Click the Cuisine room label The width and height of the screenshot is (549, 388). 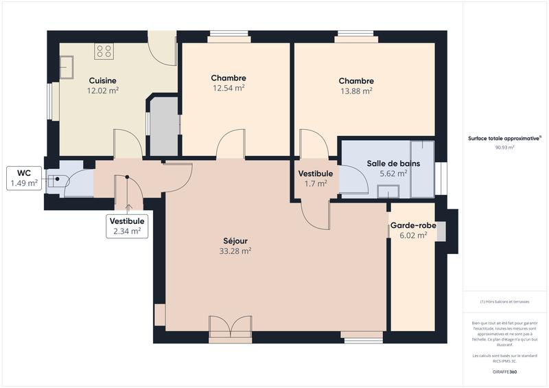tap(102, 80)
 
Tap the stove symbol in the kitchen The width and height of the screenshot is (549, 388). tap(104, 51)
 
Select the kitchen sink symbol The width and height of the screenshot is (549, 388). tap(67, 67)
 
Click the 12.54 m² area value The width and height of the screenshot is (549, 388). tap(229, 88)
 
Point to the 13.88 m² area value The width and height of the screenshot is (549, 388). tap(356, 91)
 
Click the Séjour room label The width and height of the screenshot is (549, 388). tap(235, 240)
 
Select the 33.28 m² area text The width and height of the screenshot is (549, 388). tap(235, 251)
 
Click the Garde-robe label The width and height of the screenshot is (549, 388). tap(409, 225)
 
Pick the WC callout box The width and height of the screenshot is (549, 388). tap(24, 178)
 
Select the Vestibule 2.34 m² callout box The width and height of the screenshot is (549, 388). tap(127, 226)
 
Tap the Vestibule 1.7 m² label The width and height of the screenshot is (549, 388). tap(315, 179)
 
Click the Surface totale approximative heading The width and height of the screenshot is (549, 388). tap(504, 138)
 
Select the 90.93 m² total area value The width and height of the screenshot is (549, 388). tap(504, 147)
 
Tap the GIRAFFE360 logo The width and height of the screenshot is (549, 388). tap(504, 372)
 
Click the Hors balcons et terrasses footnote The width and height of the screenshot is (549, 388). tap(504, 301)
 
